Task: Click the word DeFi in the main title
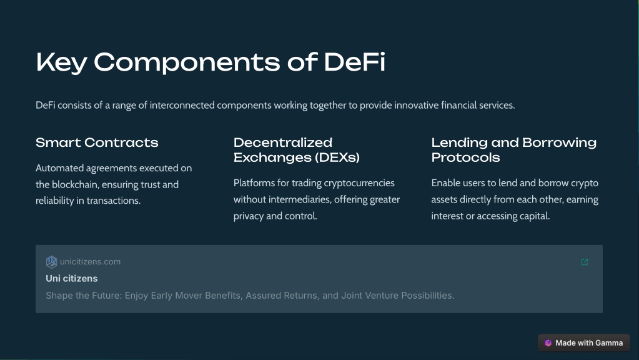tap(354, 62)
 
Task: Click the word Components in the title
tap(187, 62)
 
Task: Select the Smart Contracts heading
tap(97, 142)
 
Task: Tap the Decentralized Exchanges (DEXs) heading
tap(297, 150)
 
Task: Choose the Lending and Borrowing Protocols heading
tap(514, 150)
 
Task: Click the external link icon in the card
tap(585, 262)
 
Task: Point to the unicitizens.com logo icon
tap(52, 262)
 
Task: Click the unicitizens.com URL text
tap(90, 262)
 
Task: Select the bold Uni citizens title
tap(72, 279)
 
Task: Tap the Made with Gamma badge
tap(583, 343)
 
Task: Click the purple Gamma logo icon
tap(548, 343)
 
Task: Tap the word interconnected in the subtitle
tap(182, 105)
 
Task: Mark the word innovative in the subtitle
tap(416, 105)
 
